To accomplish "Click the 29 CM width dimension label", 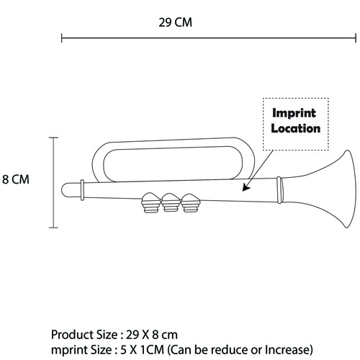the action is pyautogui.click(x=175, y=22).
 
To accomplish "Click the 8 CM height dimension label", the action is pyautogui.click(x=16, y=179).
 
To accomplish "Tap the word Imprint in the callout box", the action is pyautogui.click(x=294, y=113).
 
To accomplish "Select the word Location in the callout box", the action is pyautogui.click(x=296, y=128).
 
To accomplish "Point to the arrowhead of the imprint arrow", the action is pyautogui.click(x=246, y=187).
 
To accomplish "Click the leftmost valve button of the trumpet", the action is pyautogui.click(x=150, y=202).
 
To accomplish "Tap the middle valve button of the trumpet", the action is pyautogui.click(x=170, y=203).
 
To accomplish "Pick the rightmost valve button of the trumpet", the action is pyautogui.click(x=190, y=203).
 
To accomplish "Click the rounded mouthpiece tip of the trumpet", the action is pyautogui.click(x=65, y=190).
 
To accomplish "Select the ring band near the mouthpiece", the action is pyautogui.click(x=82, y=190).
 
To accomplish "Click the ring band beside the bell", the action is pyautogui.click(x=279, y=190).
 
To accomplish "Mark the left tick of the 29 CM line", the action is pyautogui.click(x=62, y=38).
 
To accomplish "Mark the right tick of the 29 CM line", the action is pyautogui.click(x=356, y=38).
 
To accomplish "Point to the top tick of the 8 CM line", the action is pyautogui.click(x=53, y=138).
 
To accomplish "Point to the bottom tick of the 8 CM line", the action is pyautogui.click(x=53, y=228).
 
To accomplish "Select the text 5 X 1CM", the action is pyautogui.click(x=142, y=350).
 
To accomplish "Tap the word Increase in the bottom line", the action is pyautogui.click(x=289, y=350).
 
